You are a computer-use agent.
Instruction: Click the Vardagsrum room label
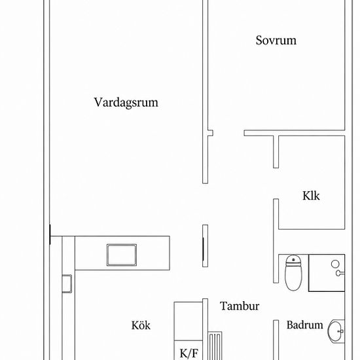click(126, 103)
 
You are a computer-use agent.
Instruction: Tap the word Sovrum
click(276, 41)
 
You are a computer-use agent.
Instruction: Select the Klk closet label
click(311, 196)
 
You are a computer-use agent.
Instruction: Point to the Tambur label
click(240, 306)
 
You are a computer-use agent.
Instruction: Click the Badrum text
click(304, 325)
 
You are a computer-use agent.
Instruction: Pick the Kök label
click(141, 325)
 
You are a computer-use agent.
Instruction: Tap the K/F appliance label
click(189, 353)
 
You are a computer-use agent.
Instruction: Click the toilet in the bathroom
click(293, 273)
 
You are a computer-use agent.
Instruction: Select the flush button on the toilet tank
click(293, 260)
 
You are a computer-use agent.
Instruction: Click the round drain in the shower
click(335, 264)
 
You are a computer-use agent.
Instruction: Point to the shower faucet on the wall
click(340, 273)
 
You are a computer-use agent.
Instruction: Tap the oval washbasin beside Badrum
click(336, 332)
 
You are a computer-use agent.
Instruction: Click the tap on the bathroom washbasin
click(341, 331)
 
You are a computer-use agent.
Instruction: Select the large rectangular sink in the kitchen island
click(122, 255)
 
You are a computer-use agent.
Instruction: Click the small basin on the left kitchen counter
click(67, 284)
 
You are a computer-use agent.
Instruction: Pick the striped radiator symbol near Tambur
click(215, 346)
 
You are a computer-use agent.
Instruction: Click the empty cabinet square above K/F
click(189, 321)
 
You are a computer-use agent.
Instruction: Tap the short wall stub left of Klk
click(276, 152)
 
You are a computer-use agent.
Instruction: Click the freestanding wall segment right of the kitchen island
click(206, 246)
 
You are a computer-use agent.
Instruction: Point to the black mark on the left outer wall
click(50, 234)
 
